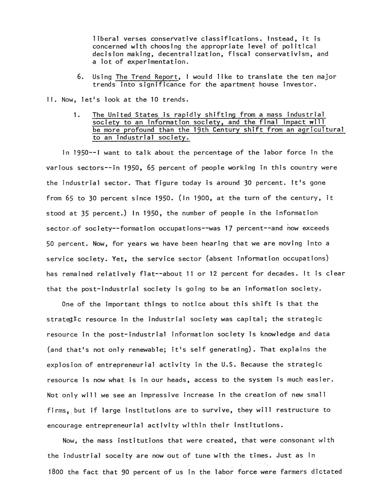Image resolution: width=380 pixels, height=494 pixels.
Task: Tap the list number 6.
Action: coord(81,77)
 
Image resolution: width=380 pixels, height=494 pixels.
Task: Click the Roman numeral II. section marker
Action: coord(50,100)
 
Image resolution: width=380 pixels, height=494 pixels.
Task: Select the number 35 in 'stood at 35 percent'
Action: coord(85,213)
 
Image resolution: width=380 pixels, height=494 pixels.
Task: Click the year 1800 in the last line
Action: coord(56,472)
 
